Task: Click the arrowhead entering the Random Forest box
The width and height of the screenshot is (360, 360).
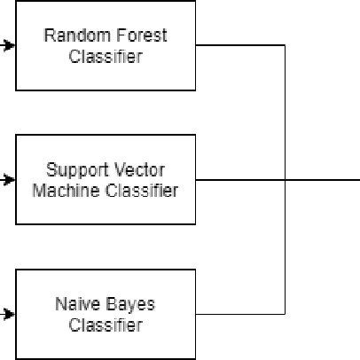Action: tap(10, 45)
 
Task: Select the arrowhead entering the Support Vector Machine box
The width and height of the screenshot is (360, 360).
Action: tap(10, 179)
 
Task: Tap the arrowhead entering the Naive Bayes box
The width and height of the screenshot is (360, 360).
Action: tap(10, 314)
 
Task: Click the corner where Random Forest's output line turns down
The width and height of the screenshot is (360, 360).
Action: tap(285, 45)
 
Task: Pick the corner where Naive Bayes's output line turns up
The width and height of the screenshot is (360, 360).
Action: tap(285, 314)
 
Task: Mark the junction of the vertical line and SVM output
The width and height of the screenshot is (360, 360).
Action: tap(285, 179)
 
